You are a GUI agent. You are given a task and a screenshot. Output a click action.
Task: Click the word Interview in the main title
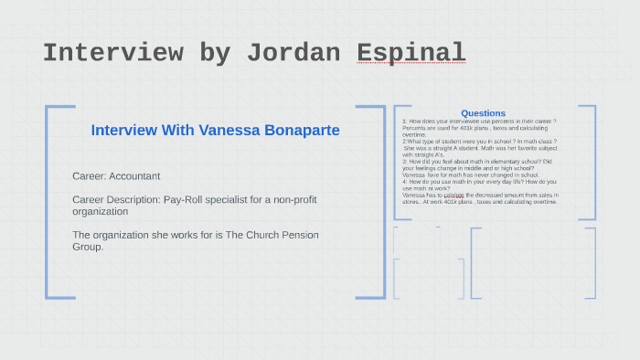[112, 53]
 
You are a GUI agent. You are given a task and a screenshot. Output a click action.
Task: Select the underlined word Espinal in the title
[411, 53]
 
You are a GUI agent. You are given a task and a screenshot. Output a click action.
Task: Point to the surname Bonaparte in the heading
[298, 131]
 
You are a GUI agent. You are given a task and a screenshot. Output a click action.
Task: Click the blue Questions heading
[483, 113]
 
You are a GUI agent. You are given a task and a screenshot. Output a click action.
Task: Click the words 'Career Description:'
[114, 199]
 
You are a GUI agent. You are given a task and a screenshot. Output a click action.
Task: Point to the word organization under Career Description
[101, 211]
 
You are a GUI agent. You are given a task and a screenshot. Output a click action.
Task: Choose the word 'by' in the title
[214, 53]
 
